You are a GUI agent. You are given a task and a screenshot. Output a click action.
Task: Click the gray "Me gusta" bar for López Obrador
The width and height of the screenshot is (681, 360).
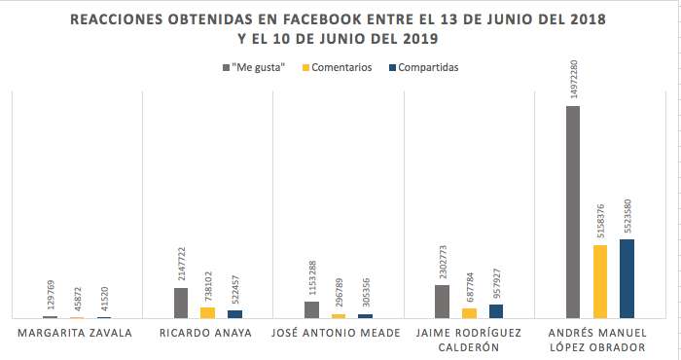(x=573, y=212)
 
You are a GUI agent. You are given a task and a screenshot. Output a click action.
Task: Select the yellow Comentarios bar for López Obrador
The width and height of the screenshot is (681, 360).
(x=600, y=281)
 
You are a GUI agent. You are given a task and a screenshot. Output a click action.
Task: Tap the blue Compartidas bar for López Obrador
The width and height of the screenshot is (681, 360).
(x=627, y=279)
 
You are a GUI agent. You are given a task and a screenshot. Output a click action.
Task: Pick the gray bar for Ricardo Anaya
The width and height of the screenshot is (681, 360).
(x=181, y=304)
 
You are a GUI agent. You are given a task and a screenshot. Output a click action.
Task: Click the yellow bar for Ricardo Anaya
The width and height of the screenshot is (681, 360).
(x=207, y=313)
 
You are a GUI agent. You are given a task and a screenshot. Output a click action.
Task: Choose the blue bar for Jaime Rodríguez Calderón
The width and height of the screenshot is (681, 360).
(x=496, y=311)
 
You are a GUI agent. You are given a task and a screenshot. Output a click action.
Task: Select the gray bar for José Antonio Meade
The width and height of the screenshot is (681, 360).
(x=312, y=310)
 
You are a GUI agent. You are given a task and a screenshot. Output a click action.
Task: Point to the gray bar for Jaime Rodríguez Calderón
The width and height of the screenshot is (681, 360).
(x=442, y=302)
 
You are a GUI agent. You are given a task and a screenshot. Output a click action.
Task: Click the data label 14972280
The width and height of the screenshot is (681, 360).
(x=574, y=79)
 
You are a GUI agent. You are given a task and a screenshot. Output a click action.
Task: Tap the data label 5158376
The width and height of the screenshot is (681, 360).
(x=600, y=221)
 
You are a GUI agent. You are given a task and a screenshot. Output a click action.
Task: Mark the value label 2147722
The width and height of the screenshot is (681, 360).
(x=182, y=264)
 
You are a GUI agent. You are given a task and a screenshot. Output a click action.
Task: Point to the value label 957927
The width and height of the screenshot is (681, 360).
(x=497, y=283)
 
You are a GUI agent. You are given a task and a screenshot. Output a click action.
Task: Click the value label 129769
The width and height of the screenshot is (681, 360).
(x=51, y=295)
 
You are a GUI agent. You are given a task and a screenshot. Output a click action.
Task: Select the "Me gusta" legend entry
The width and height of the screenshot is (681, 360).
(x=254, y=68)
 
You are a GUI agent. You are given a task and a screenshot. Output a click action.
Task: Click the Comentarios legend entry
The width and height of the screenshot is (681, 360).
(x=338, y=68)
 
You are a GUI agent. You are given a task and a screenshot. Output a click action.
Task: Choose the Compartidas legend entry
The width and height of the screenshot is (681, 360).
(x=424, y=68)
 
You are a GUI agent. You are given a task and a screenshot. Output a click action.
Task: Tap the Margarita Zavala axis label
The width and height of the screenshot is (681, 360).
(x=75, y=333)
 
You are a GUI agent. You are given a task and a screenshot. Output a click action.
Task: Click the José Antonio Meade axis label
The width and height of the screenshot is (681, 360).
(x=336, y=333)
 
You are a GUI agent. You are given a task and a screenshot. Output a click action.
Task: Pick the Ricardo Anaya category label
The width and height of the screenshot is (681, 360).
(x=205, y=333)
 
